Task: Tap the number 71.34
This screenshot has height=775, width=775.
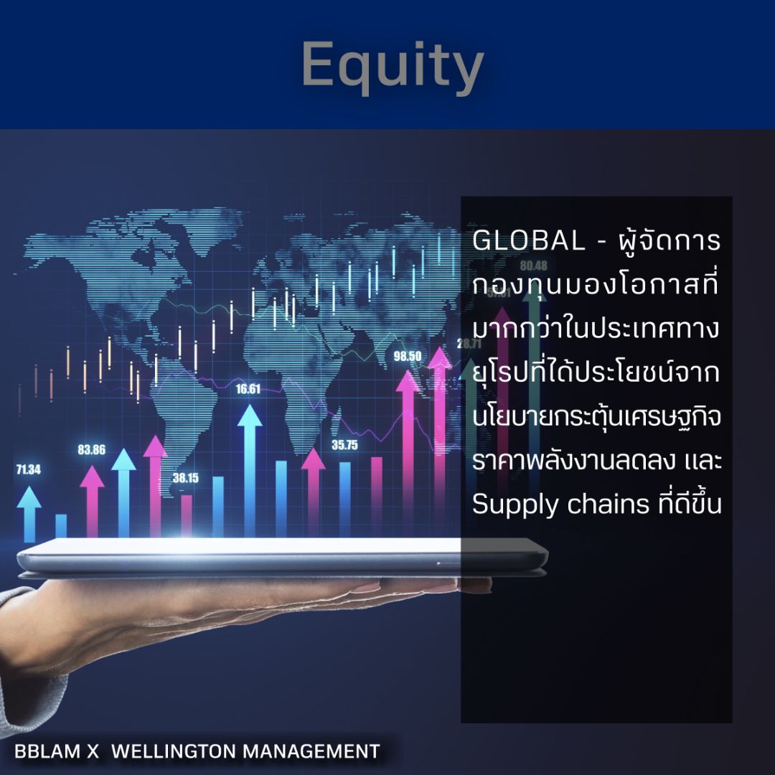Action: pos(28,470)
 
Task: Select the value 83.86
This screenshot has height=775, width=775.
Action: pos(92,451)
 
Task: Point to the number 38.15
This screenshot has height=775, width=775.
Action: pos(185,478)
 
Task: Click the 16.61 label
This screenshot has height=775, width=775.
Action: pos(248,390)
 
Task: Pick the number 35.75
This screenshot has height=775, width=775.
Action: pos(344,445)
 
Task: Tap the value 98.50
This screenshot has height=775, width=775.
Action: pos(408,356)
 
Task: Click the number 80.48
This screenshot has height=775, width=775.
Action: pos(534,265)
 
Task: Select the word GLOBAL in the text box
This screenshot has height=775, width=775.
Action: pos(529,242)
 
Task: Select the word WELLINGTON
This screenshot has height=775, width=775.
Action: pos(175,751)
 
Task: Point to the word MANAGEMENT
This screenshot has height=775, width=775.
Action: pos(311,751)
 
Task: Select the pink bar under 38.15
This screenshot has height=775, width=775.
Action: pos(187,515)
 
